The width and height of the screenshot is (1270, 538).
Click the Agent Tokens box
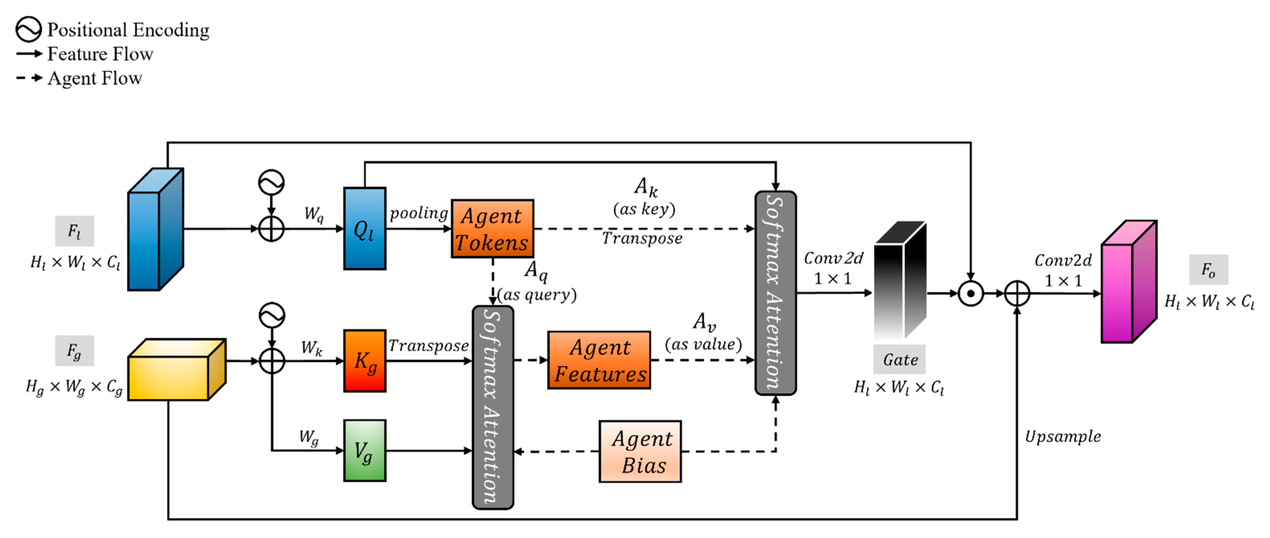(x=492, y=229)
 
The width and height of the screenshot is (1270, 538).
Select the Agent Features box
(x=599, y=360)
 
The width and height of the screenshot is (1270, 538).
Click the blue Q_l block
(x=365, y=228)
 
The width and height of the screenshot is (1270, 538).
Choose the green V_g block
(x=365, y=451)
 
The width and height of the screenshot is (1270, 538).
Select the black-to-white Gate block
(x=900, y=279)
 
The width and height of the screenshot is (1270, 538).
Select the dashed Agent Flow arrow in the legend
(x=30, y=78)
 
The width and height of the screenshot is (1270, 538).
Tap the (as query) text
(x=537, y=295)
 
